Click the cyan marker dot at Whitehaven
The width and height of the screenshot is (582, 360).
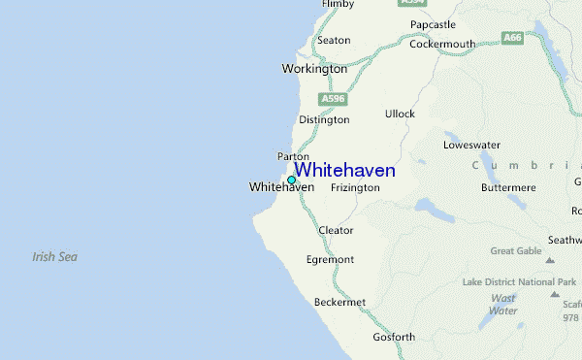pos(291,180)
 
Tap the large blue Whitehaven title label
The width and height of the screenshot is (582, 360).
pos(344,171)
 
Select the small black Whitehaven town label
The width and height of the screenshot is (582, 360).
pos(281,186)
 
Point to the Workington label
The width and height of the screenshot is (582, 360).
pos(314,69)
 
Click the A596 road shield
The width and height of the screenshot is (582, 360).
pos(333,99)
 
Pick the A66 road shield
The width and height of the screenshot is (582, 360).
pos(513,37)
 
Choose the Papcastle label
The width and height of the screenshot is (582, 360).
pos(433,24)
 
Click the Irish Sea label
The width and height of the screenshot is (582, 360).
pos(54,257)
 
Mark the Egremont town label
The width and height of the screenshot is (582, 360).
pos(331,260)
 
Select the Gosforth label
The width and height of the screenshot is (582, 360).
pos(394,338)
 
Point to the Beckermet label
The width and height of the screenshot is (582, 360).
pos(339,303)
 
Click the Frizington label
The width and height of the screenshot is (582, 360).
pos(355,187)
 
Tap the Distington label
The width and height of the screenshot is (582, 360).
pos(324,120)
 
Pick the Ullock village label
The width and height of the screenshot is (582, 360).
pos(400,115)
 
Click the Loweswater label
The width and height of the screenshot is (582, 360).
pos(470,145)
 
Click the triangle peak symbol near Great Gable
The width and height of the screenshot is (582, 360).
pos(549,260)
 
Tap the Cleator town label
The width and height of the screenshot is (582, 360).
pos(336,231)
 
